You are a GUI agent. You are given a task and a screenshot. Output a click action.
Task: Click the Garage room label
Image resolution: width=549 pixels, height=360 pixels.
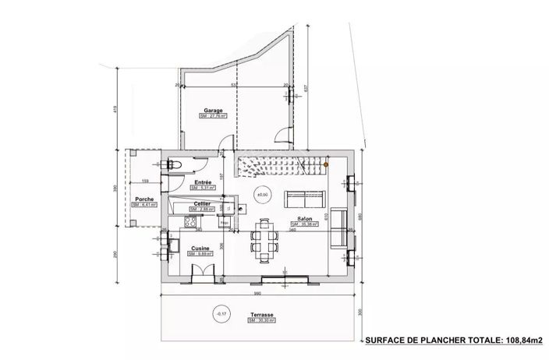pos(214,111)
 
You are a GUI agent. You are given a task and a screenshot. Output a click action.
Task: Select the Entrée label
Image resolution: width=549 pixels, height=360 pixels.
pos(202,182)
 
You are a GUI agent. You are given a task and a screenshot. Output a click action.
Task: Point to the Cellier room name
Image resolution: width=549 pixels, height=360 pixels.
pos(202,203)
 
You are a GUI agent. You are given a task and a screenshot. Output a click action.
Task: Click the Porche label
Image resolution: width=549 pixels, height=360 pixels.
pos(143,200)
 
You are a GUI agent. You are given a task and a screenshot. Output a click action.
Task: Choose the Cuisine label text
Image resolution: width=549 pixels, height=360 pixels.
pos(200,248)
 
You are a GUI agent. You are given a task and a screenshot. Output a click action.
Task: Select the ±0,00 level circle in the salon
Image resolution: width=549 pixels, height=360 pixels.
pos(263,194)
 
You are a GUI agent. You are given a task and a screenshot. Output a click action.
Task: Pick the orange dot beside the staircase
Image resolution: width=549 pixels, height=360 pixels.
pos(328,164)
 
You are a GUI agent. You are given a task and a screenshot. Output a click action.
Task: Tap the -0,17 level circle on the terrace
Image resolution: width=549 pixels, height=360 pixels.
pos(221,314)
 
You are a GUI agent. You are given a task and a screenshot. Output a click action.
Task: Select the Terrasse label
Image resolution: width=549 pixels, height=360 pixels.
pos(252,314)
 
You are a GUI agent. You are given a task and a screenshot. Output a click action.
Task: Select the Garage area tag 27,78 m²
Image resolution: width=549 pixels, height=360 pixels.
pos(213,117)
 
